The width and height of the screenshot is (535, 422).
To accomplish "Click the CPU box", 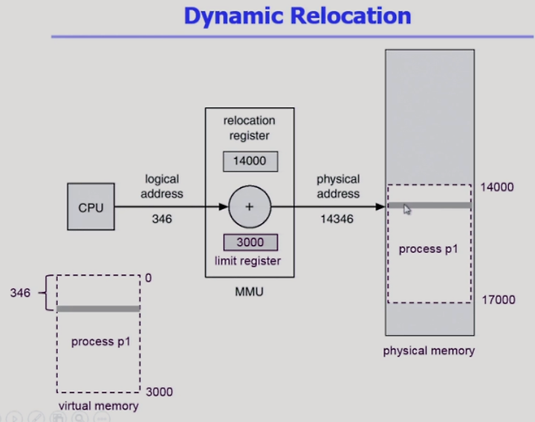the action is click(91, 207).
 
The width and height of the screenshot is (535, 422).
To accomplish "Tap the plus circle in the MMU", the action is click(250, 207).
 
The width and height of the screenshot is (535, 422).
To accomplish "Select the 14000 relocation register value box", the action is click(250, 161).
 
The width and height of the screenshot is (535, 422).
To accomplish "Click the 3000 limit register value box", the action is click(250, 242).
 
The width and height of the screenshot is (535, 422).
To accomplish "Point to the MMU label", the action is click(249, 292).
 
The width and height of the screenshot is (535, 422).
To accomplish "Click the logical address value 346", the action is click(162, 219).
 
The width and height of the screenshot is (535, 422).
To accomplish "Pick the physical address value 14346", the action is click(337, 219).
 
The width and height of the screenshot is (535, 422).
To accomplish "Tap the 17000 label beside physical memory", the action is click(498, 300).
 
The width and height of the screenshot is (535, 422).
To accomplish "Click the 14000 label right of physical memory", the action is click(497, 187).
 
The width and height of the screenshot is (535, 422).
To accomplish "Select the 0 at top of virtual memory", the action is click(148, 278).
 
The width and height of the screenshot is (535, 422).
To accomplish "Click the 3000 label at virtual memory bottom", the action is click(159, 392).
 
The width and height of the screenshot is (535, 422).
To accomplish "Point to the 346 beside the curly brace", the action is click(20, 293).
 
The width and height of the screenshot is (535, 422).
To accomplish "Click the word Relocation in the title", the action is click(351, 16).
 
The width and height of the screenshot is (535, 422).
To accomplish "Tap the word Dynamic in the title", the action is click(234, 17).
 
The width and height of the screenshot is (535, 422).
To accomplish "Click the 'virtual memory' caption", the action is click(98, 406).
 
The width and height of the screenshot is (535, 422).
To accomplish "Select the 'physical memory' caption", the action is click(429, 351).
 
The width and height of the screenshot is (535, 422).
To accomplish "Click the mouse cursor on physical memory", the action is click(407, 209).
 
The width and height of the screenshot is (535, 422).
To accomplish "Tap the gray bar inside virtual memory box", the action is click(98, 309).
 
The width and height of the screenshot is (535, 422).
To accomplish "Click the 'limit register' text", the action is click(247, 262).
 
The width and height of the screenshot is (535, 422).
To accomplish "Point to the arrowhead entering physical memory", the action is click(380, 207).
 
